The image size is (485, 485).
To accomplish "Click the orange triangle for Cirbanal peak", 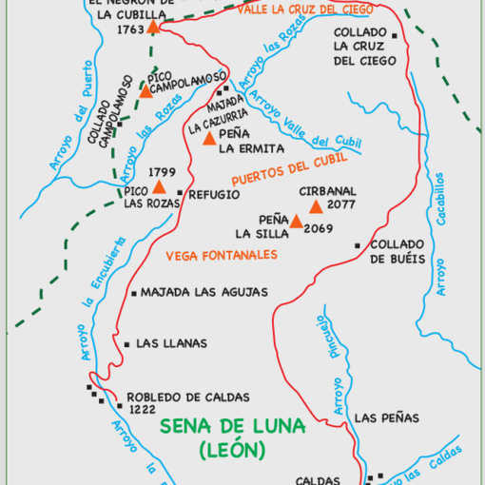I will (316, 206).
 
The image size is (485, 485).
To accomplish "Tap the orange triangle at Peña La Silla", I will (296, 223).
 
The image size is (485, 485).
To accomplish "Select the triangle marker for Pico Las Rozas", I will (160, 188).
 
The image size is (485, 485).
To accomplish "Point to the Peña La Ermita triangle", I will (210, 139).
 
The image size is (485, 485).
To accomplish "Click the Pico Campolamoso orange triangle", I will (146, 90).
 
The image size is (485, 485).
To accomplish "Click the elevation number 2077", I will (340, 205).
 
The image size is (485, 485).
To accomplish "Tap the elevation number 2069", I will (320, 228).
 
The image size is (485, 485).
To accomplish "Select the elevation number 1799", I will (163, 171).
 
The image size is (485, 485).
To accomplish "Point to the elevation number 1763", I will (128, 29).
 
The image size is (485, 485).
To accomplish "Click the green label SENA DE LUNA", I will (233, 426).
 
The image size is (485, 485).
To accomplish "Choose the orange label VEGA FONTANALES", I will (221, 256).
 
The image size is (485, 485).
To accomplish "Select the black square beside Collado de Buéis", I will (357, 245).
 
